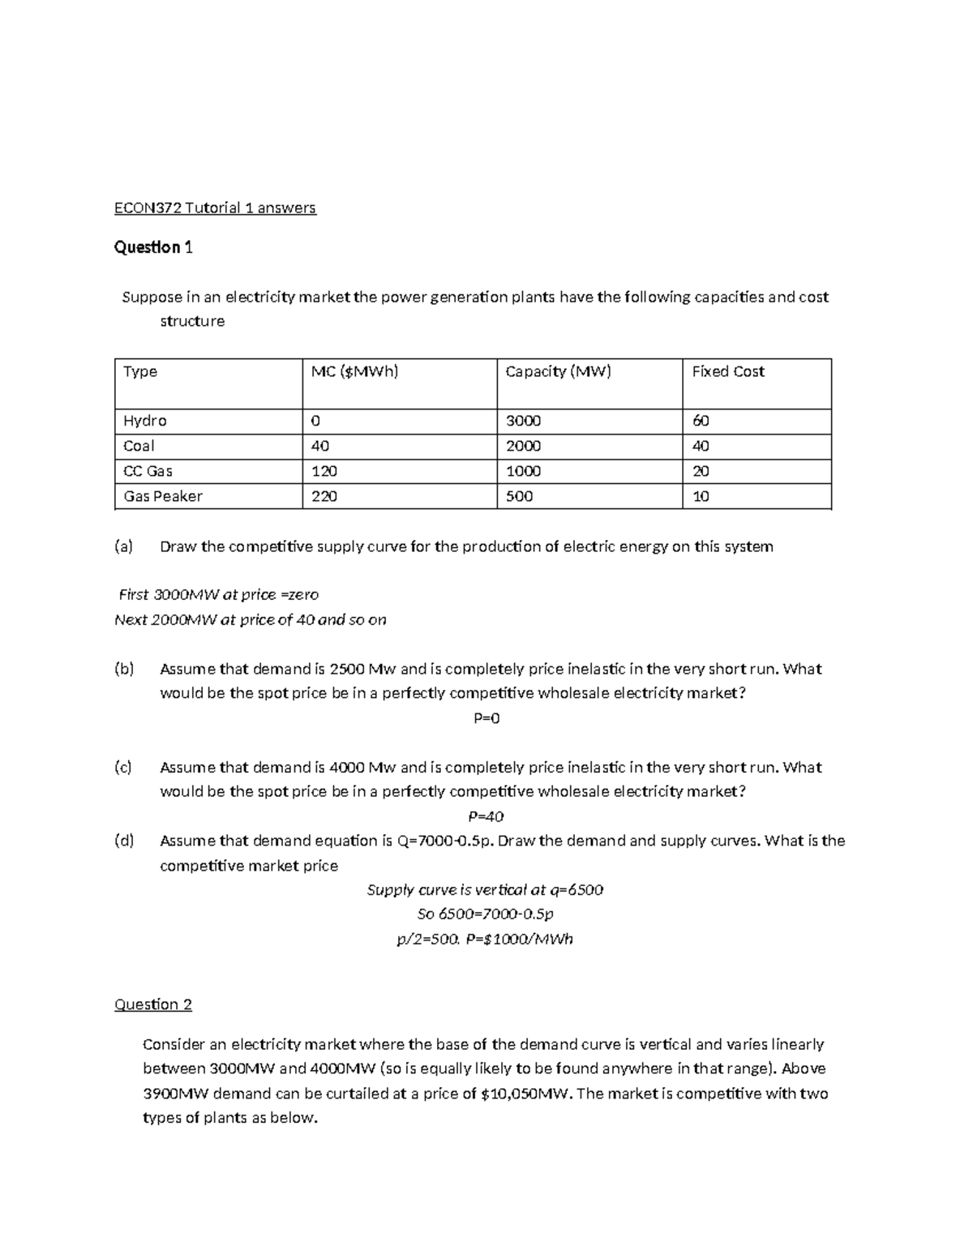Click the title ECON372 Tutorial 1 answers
click(215, 208)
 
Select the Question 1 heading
click(153, 247)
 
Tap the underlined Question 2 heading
click(153, 1004)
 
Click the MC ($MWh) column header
click(355, 371)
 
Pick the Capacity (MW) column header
click(558, 371)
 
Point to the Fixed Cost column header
click(727, 371)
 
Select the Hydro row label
click(144, 421)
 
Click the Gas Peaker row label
click(163, 496)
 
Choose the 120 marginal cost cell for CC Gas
click(324, 471)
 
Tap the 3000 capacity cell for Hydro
click(523, 421)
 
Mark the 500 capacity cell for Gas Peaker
click(519, 496)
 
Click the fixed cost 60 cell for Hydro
click(701, 421)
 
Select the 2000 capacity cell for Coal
click(523, 446)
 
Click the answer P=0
click(486, 718)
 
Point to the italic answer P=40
click(486, 816)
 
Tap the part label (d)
click(124, 841)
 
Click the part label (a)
click(123, 546)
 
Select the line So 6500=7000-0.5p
click(485, 914)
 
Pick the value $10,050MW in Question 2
click(527, 1094)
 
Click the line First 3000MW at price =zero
click(219, 595)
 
